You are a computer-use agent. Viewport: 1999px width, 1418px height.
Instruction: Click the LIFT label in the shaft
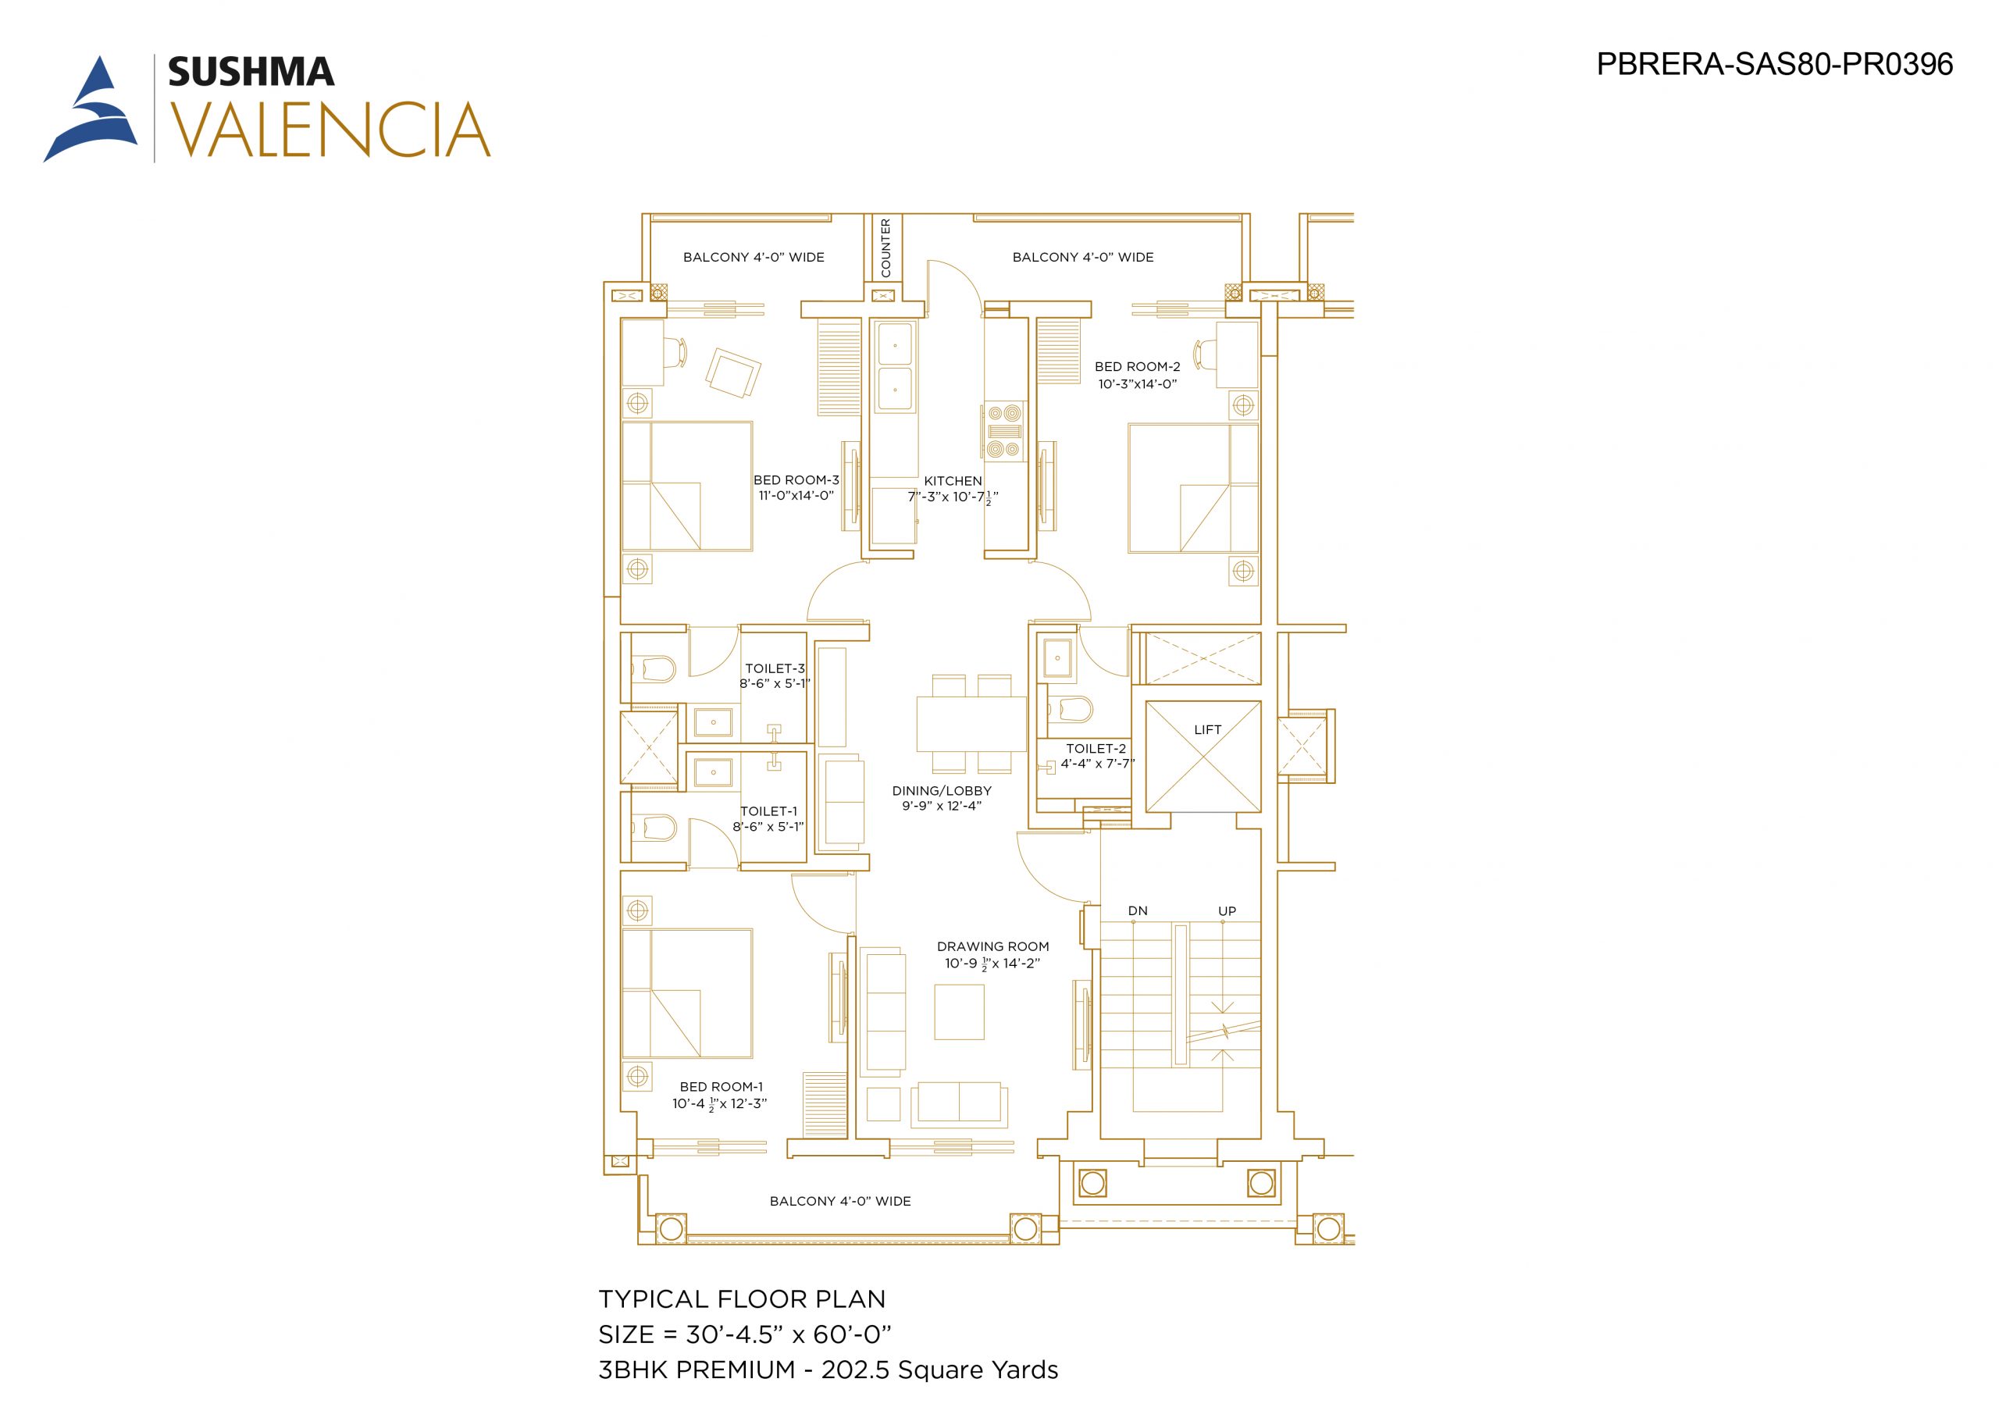point(1207,730)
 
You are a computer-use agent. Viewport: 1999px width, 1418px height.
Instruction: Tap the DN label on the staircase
point(1138,910)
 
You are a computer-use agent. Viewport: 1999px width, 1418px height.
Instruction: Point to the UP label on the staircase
point(1228,910)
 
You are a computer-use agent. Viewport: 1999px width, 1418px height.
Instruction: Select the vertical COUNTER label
point(886,248)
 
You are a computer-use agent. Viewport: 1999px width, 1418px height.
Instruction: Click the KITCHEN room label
point(953,481)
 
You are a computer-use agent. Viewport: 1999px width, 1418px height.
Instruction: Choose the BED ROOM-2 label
point(1138,367)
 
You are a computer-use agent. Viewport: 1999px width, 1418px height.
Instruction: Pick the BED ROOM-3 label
point(796,480)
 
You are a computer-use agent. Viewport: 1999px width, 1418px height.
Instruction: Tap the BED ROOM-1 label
point(721,1087)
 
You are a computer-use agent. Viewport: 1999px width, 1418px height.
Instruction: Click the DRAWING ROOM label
point(992,946)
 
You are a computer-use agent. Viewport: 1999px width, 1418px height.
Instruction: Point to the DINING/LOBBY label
point(942,791)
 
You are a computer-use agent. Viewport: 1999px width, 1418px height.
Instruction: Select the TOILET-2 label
point(1096,748)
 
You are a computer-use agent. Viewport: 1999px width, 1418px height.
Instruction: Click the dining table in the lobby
point(971,724)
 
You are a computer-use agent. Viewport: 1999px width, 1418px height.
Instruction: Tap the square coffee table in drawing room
point(960,1012)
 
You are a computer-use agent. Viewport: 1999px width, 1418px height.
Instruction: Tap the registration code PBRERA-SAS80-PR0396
point(1775,65)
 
